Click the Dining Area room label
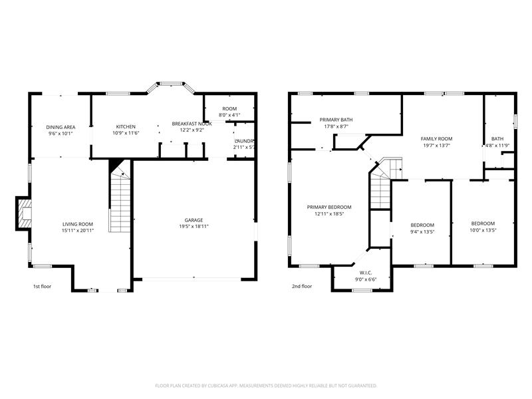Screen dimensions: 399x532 [61, 127]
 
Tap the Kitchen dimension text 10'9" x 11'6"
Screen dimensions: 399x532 [126, 134]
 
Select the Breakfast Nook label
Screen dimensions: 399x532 [192, 124]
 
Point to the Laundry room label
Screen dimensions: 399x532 [244, 140]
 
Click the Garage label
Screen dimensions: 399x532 [194, 220]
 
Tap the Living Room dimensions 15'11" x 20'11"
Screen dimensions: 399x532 [78, 231]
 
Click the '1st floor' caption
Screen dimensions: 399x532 [42, 287]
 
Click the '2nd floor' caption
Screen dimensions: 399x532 [302, 287]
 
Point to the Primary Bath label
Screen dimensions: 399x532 [336, 120]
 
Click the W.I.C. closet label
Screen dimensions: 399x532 [365, 272]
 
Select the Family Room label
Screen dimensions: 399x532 [436, 139]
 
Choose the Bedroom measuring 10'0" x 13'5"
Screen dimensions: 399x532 [483, 223]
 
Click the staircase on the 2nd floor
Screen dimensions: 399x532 [380, 190]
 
